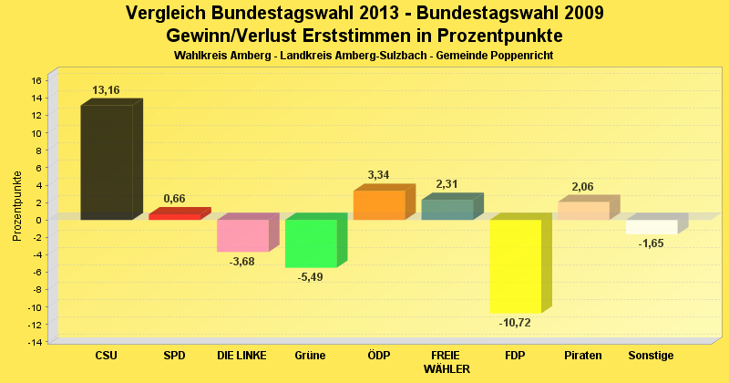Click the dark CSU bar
pos(107,162)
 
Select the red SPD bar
pos(174,216)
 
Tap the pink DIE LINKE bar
pos(242,235)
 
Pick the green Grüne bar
pos(311,243)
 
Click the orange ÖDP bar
pos(379,204)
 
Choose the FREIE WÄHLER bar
pos(447,209)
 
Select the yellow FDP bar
pos(516,266)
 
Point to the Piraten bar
pos(583,210)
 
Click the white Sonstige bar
pos(652,227)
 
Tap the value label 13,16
pos(106,90)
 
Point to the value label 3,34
pos(379,175)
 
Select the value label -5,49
pos(311,277)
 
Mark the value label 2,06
pos(583,187)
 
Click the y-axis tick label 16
pos(36,80)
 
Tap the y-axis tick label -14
pos(35,342)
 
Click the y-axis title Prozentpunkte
pos(17,206)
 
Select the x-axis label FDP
pos(516,355)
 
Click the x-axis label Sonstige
pos(651,355)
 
